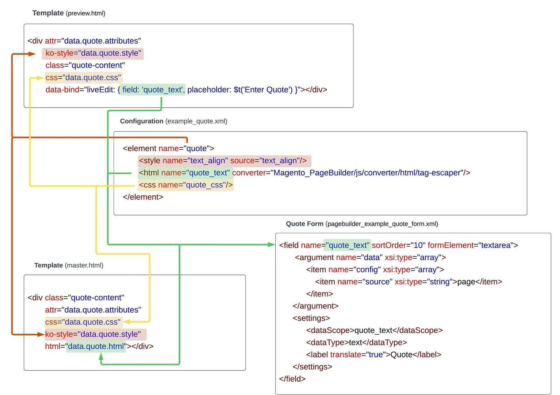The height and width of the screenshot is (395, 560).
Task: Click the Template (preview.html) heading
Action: point(69,13)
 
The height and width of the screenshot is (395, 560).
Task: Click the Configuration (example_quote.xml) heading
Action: point(173,121)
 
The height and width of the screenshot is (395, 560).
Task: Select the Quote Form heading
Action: point(362,224)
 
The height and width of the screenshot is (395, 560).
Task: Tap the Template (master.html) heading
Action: point(69,265)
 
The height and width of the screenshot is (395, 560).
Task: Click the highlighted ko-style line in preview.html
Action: point(93,53)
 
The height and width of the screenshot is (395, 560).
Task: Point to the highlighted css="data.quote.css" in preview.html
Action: point(83,78)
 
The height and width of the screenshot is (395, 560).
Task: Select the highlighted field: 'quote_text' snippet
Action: point(153,90)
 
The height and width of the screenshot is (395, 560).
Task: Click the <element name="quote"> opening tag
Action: point(168,148)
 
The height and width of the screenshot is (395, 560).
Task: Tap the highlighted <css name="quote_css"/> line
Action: point(185,185)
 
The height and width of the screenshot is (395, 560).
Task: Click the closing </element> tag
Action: point(143,197)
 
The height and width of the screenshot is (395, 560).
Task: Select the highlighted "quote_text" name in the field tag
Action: point(347,245)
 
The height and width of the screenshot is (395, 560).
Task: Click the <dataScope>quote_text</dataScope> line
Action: point(374,330)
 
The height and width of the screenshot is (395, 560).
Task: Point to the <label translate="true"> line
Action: point(373,355)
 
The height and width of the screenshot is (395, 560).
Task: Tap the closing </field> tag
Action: point(292,379)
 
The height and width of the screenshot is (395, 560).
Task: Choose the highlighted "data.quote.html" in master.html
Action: point(96,346)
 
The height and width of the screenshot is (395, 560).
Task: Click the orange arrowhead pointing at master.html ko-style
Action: point(41,334)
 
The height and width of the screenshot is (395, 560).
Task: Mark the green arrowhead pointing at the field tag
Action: point(271,245)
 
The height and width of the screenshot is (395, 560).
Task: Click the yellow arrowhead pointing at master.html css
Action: point(127,322)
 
